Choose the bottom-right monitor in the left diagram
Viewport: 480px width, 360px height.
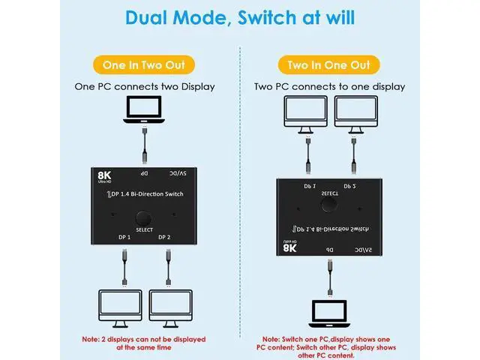(x=172, y=307)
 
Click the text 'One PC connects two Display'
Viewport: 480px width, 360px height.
(x=145, y=87)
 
